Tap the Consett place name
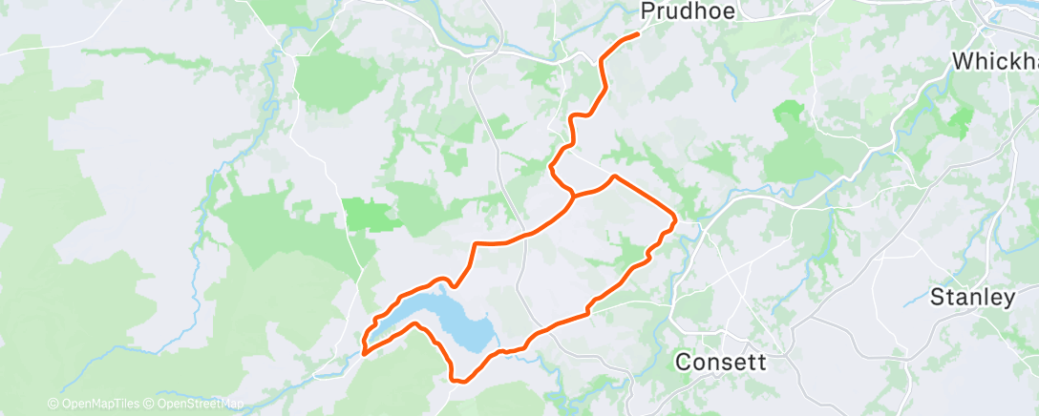click(x=721, y=363)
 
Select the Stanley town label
click(x=972, y=297)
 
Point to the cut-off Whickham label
click(x=995, y=62)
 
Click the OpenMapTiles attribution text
click(x=99, y=405)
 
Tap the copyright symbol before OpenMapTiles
click(x=53, y=405)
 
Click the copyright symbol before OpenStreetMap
click(x=149, y=405)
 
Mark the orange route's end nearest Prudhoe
click(x=637, y=34)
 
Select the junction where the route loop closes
click(x=573, y=195)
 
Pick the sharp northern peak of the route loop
click(x=614, y=177)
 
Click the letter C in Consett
click(x=683, y=363)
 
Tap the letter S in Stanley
click(x=937, y=297)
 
